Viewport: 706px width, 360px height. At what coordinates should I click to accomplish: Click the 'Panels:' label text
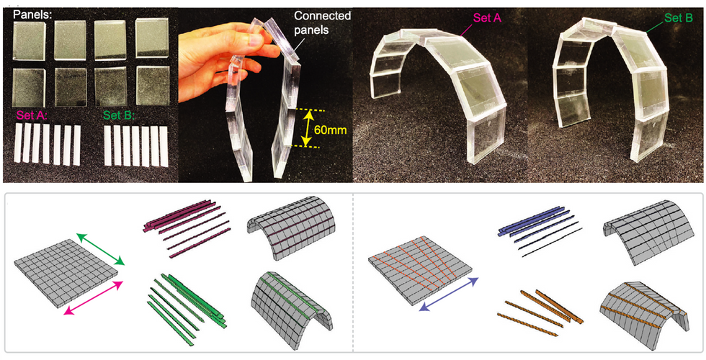click(x=28, y=12)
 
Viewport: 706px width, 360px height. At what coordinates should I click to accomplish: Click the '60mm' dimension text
click(x=332, y=128)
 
